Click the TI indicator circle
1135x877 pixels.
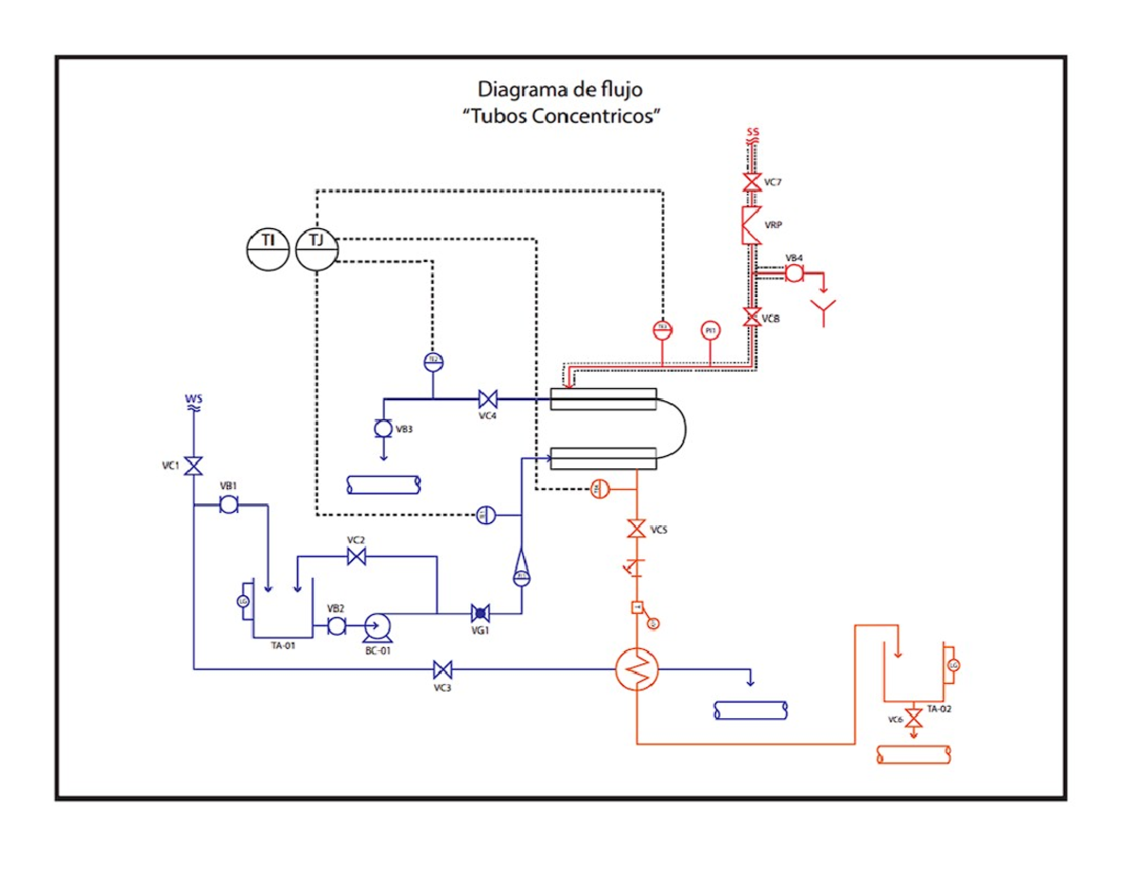[x=268, y=249]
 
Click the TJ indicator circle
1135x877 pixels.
[x=316, y=249]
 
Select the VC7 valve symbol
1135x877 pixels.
[x=753, y=183]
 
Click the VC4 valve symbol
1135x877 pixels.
[x=488, y=398]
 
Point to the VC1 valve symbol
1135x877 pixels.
[x=193, y=466]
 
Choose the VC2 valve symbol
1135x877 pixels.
[x=357, y=557]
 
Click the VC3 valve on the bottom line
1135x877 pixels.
[x=442, y=670]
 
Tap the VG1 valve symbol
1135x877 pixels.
[x=480, y=613]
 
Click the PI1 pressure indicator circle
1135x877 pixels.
[x=710, y=330]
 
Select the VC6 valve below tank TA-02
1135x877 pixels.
[x=914, y=714]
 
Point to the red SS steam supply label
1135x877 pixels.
[x=753, y=132]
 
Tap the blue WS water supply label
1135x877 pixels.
[x=193, y=400]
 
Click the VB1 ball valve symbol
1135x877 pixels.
[x=228, y=505]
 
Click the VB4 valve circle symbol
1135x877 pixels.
[x=794, y=272]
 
